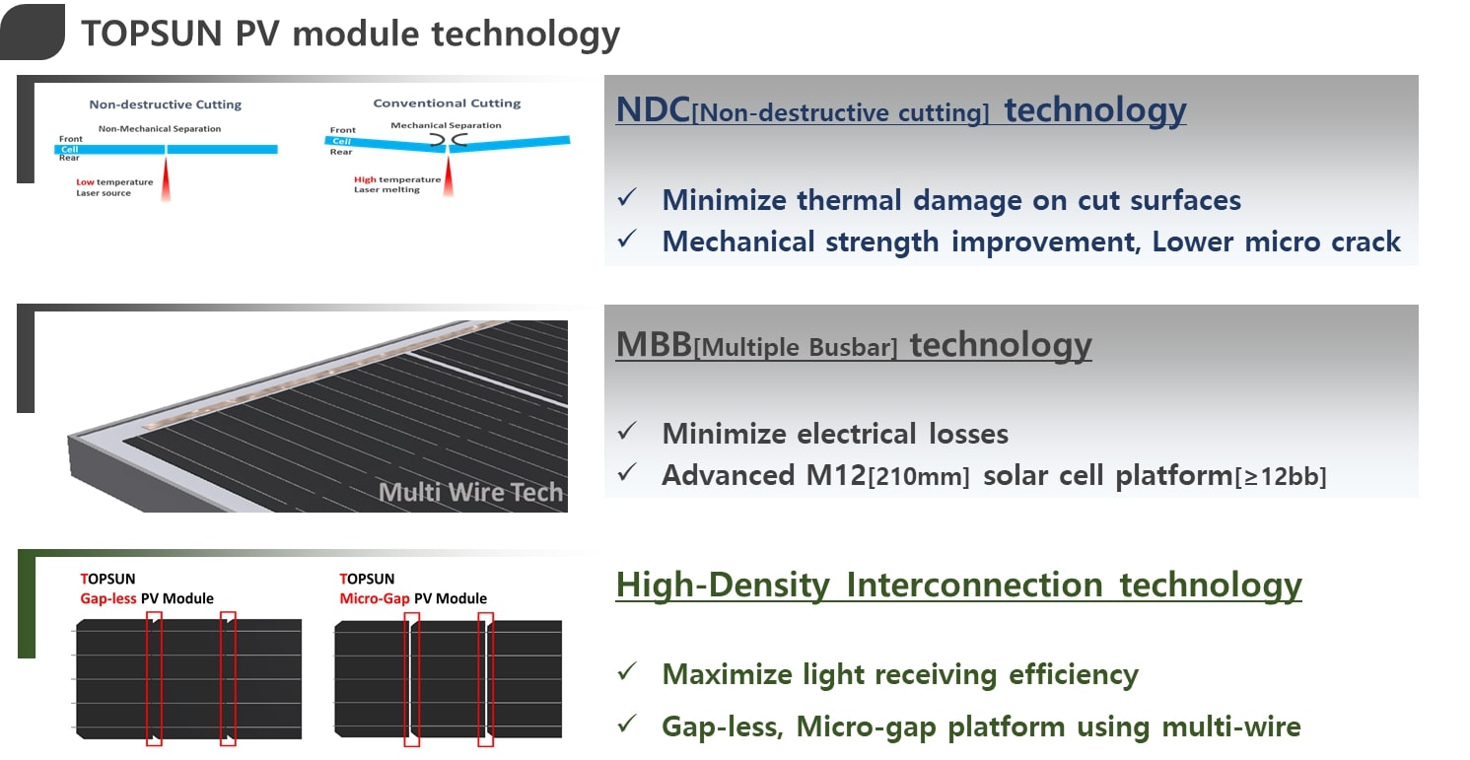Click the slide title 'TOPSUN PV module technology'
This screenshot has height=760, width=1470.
[350, 34]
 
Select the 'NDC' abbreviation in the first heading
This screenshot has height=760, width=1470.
[653, 110]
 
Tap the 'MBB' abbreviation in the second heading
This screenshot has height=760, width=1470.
[654, 345]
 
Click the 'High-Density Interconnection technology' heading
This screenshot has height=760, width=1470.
[958, 585]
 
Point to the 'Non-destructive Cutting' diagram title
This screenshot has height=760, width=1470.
[165, 104]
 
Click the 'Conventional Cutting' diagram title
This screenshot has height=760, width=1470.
[447, 103]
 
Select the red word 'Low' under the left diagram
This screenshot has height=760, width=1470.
[86, 182]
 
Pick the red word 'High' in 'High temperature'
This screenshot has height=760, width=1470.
[365, 179]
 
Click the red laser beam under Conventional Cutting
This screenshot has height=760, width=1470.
[449, 177]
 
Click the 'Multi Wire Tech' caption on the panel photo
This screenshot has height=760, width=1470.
[470, 492]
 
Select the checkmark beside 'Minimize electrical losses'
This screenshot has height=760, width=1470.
[626, 432]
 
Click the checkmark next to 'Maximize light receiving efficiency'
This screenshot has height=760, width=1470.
[626, 672]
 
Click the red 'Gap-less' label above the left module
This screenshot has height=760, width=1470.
[108, 598]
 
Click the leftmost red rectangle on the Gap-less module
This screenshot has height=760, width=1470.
[153, 678]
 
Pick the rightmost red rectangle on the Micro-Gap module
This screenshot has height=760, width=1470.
[485, 678]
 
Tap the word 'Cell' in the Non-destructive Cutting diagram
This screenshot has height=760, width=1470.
[69, 150]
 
